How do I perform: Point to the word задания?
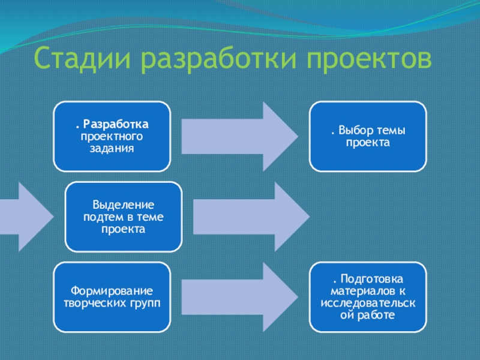(112, 148)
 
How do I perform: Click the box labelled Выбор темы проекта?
(368, 136)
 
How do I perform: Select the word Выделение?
(124, 206)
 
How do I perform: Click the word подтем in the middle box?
(102, 217)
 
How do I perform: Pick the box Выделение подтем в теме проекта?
(124, 217)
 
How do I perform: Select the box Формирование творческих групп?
(112, 296)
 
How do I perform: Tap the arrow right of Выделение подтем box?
(248, 216)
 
